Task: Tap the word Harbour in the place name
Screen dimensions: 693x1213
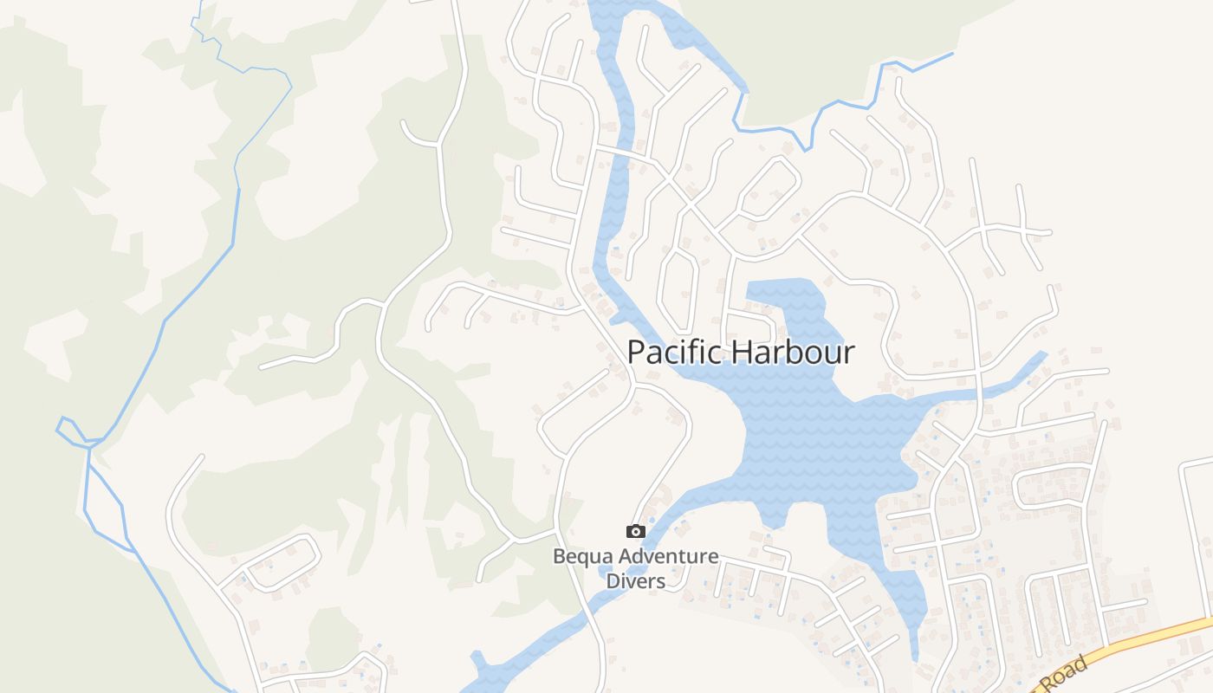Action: [793, 353]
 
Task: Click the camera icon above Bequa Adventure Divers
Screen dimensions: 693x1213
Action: [636, 531]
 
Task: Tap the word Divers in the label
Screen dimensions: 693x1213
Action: [635, 581]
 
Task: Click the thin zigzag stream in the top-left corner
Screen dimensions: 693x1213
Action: [208, 35]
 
